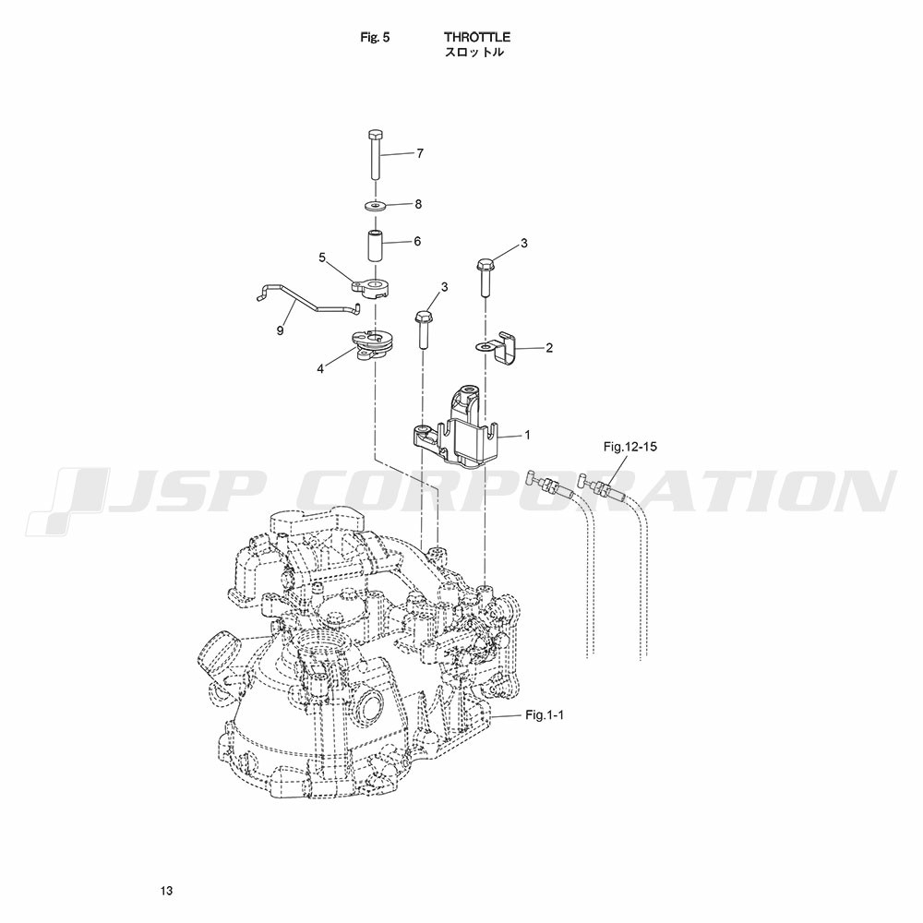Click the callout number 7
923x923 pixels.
[x=420, y=153]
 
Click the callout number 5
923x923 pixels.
[x=322, y=258]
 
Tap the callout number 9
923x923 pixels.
[x=281, y=330]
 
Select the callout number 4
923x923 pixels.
[x=320, y=369]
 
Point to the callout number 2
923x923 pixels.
[x=549, y=348]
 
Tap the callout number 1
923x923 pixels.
[x=527, y=435]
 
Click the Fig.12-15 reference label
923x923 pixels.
[x=629, y=447]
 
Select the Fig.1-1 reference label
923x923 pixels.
[x=545, y=715]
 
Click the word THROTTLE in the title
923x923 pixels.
[x=477, y=37]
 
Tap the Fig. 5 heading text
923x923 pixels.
[x=375, y=37]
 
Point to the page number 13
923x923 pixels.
[x=166, y=890]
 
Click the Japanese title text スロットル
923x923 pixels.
[x=473, y=52]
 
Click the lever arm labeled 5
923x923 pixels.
[x=372, y=288]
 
